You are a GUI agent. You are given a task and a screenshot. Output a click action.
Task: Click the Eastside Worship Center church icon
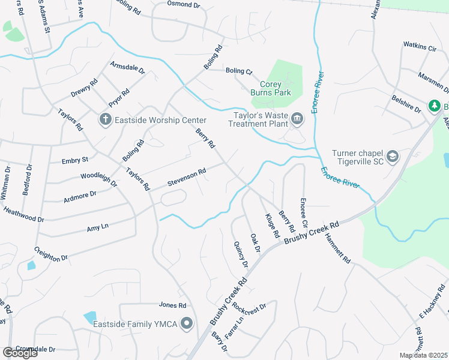click(106, 119)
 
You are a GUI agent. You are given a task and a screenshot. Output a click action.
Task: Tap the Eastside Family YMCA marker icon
click(187, 324)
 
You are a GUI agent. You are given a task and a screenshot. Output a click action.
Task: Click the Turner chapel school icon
click(393, 157)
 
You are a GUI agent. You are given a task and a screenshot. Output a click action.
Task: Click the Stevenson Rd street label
click(187, 176)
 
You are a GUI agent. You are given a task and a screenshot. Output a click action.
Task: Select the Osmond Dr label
click(184, 5)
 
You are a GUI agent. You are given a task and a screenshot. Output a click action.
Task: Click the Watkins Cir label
click(420, 46)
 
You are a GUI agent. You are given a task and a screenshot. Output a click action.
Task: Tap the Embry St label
click(75, 160)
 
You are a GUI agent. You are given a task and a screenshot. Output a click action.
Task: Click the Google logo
click(20, 353)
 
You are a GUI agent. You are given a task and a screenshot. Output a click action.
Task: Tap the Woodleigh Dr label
click(98, 178)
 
